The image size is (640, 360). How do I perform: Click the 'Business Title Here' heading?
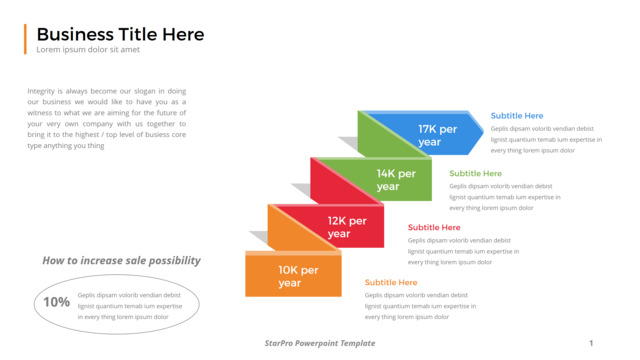[120, 34]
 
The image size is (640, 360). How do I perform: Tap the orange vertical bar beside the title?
[25, 39]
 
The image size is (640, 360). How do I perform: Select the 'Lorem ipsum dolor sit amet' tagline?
[88, 49]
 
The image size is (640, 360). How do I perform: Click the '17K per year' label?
[437, 136]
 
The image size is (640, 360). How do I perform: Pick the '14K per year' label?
[396, 180]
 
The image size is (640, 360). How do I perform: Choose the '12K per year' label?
[347, 227]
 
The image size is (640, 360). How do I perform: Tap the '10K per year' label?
[298, 276]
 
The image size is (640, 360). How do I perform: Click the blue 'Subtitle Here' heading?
[517, 116]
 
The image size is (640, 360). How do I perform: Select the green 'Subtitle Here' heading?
[476, 173]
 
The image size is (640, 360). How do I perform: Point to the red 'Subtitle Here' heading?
[434, 227]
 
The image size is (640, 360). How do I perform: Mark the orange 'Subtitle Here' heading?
[391, 282]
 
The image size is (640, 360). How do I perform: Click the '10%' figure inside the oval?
[56, 302]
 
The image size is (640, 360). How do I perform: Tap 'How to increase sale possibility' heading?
[122, 261]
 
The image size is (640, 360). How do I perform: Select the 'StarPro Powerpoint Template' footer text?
[320, 343]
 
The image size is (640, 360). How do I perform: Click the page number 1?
[591, 343]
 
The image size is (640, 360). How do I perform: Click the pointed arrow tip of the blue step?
[483, 131]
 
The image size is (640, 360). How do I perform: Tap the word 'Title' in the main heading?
[138, 34]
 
